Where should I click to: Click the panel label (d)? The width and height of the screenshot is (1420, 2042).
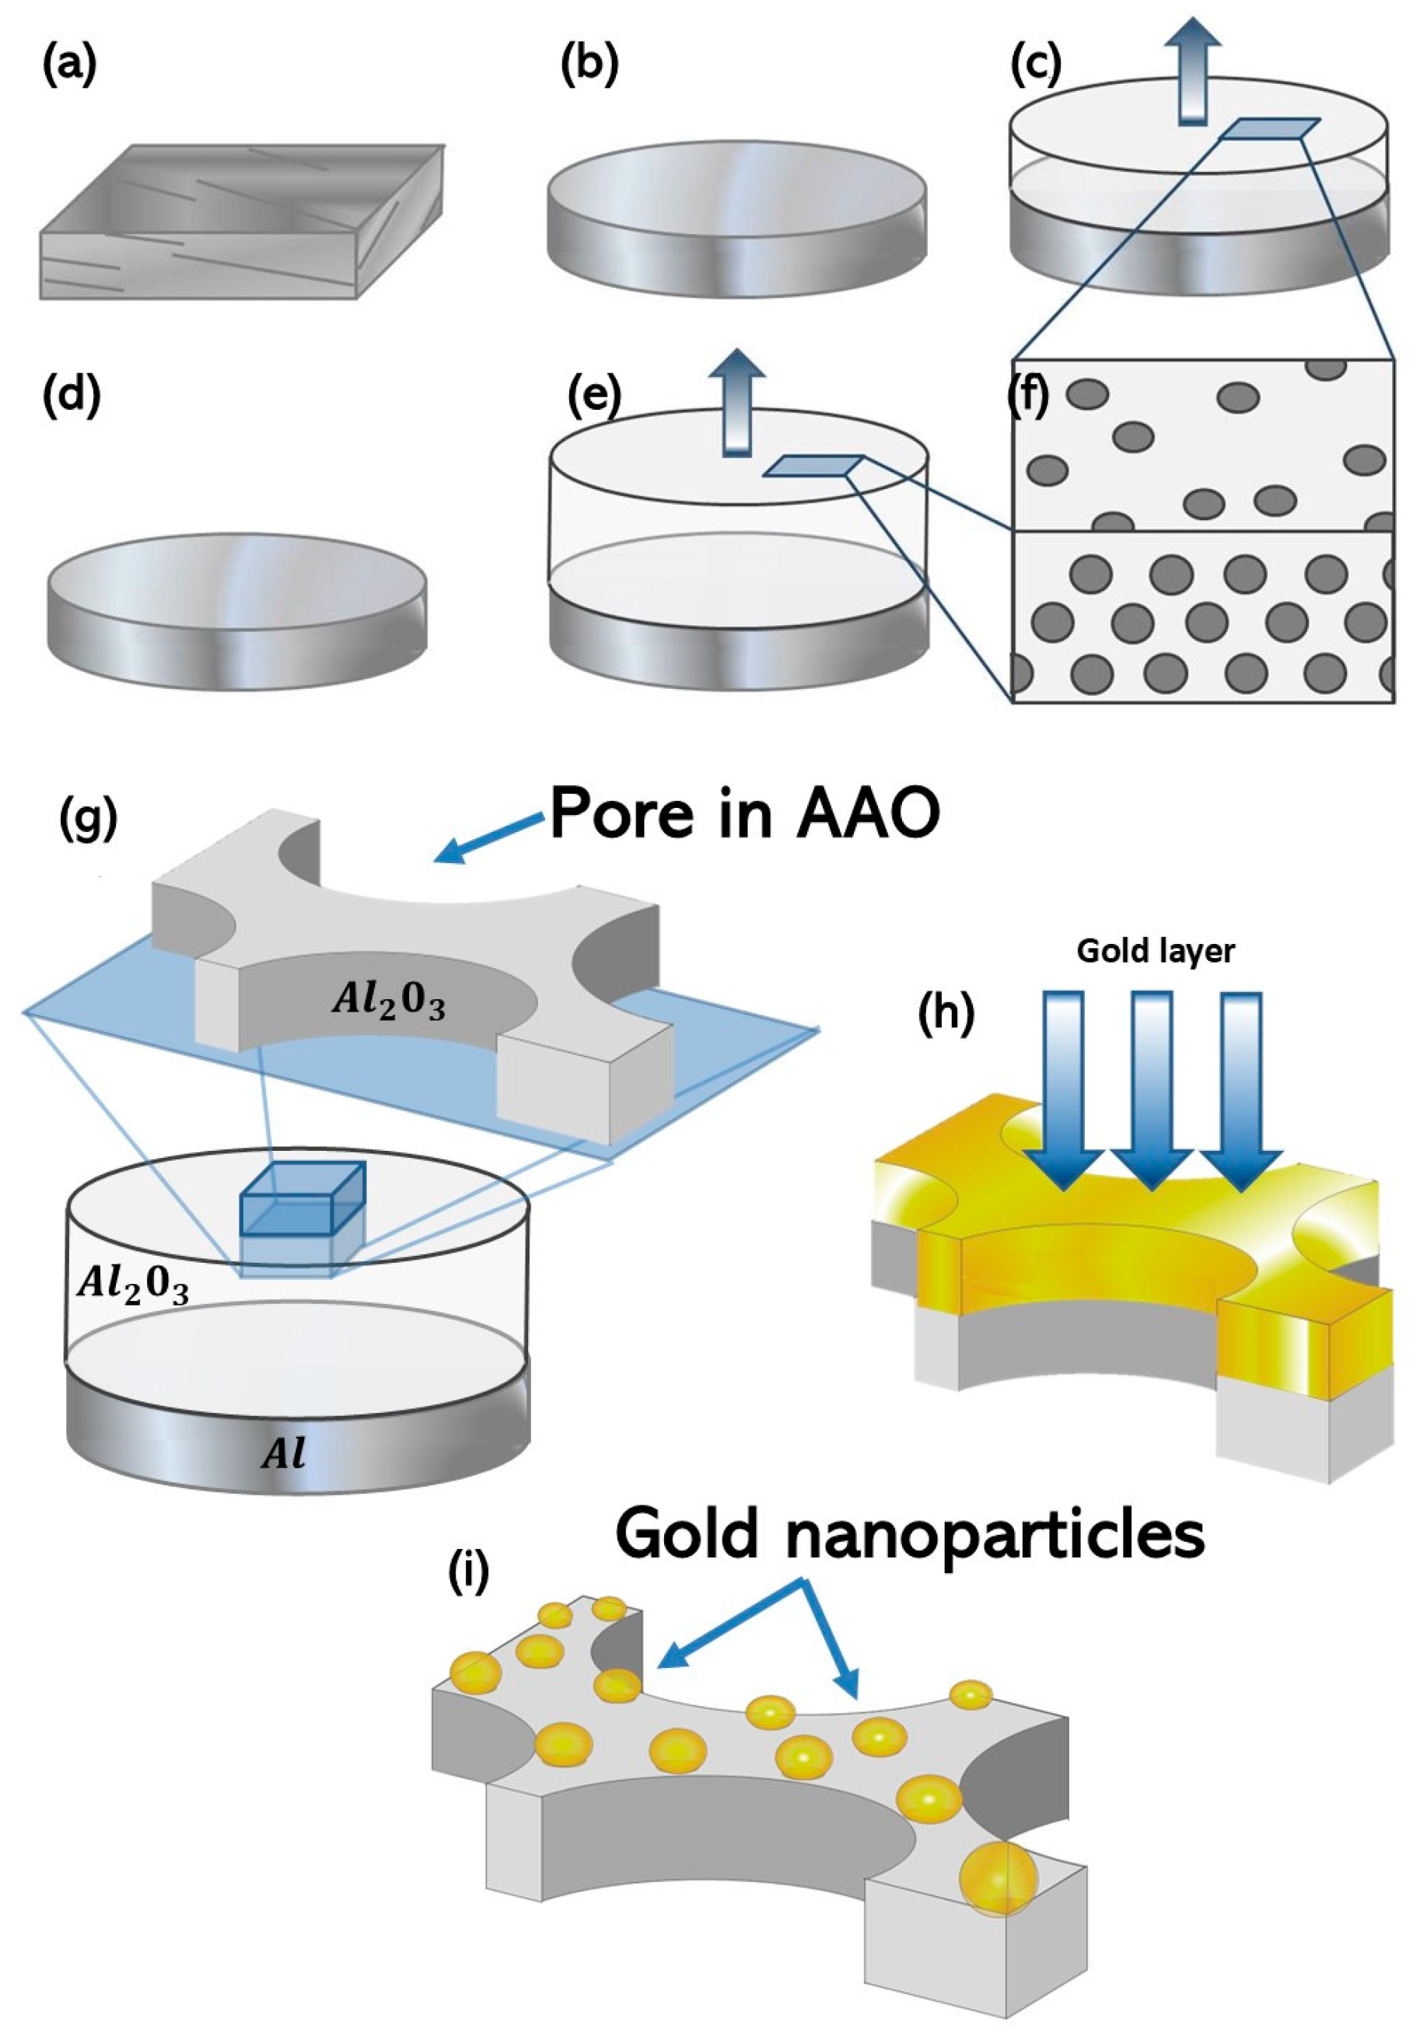(71, 395)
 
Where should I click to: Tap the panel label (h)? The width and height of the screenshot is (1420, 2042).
(945, 1013)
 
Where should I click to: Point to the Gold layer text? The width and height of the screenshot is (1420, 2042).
(1155, 952)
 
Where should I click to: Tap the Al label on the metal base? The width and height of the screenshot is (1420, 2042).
(284, 1454)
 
